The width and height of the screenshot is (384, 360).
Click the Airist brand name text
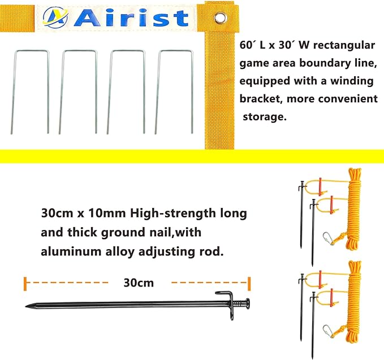(131, 18)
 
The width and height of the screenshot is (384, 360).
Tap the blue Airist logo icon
(58, 18)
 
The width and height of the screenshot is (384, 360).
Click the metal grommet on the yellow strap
(219, 19)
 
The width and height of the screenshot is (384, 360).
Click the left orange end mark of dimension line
(25, 281)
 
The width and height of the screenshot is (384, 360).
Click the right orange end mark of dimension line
(249, 281)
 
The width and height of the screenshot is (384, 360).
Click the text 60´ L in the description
(253, 45)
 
